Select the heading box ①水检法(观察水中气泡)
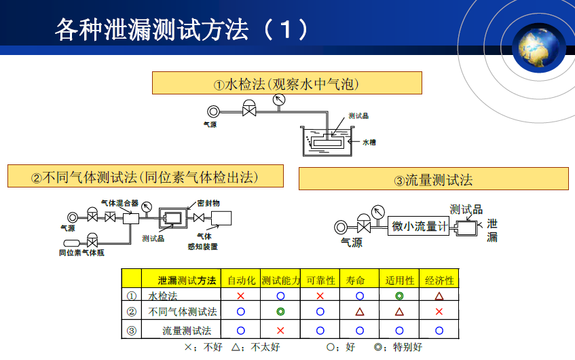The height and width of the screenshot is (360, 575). click(286, 84)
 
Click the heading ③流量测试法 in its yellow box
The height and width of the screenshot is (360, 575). click(433, 179)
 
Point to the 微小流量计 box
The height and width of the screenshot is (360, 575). click(419, 227)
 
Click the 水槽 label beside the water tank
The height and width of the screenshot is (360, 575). click(369, 143)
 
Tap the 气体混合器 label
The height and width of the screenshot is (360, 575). click(119, 202)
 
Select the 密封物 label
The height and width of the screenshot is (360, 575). click(208, 202)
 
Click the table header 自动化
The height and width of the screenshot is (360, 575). click(241, 280)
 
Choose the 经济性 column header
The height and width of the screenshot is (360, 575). click(439, 280)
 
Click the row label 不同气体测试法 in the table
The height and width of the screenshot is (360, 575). click(183, 312)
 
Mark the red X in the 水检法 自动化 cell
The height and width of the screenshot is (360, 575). click(240, 296)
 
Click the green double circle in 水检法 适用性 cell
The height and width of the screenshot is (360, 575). click(399, 296)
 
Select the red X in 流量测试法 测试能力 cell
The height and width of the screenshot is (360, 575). click(280, 330)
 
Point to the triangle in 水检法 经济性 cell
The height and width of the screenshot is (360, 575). click(439, 296)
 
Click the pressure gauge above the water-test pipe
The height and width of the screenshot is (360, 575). click(278, 101)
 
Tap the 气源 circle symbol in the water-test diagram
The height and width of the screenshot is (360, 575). click(214, 111)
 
